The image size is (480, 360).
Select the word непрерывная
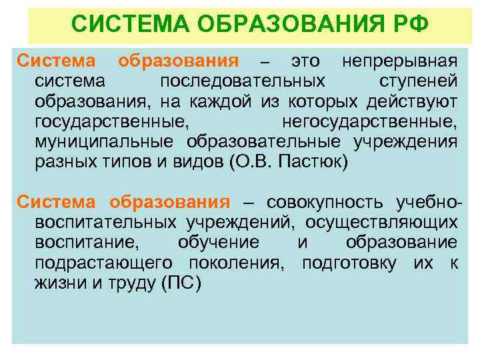coord(399,62)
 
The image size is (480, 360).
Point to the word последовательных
coord(243,82)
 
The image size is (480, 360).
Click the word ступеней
coord(418,82)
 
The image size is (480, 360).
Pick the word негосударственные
coord(369,122)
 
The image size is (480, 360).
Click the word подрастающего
coord(96,262)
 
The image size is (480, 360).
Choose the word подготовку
coord(351,262)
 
